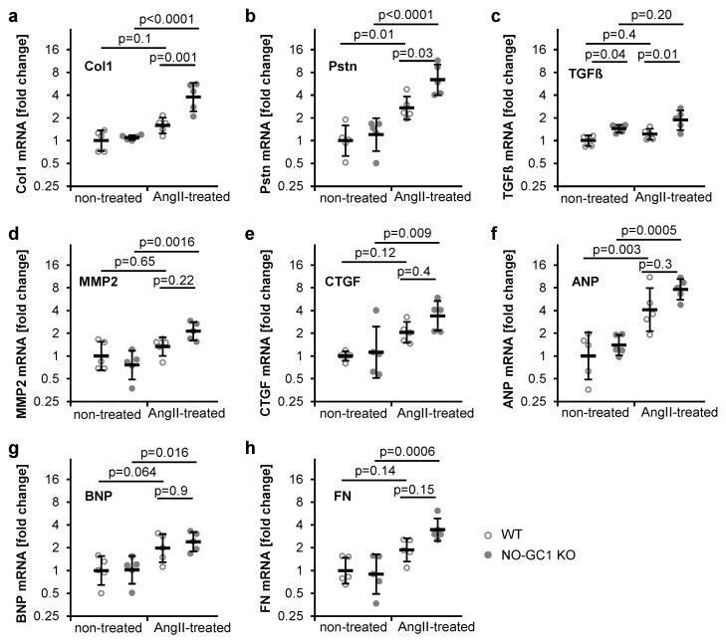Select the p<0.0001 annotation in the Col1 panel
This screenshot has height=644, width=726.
tap(166, 19)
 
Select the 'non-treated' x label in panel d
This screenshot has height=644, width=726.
tap(109, 411)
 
